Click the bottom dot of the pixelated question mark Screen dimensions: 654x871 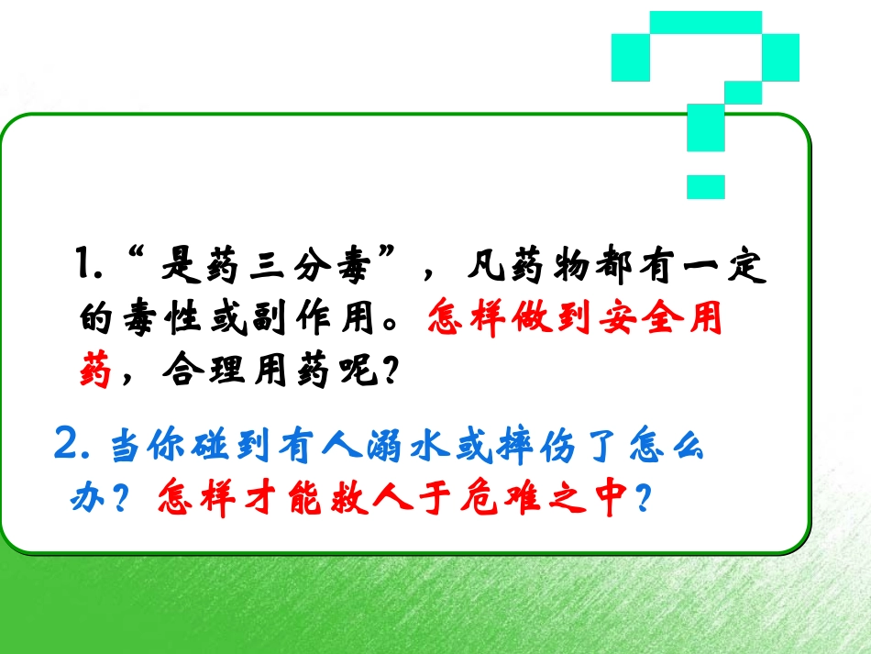(705, 186)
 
